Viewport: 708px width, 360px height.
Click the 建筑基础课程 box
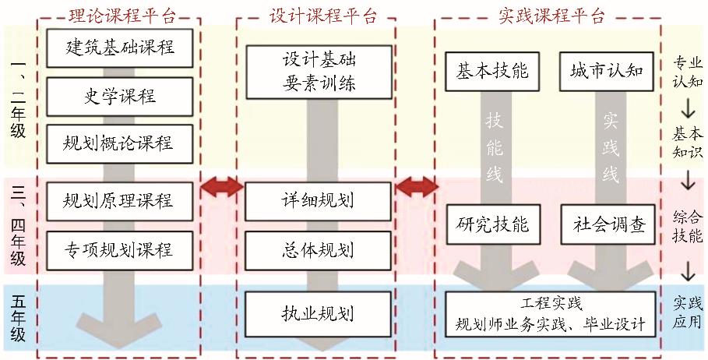coord(119,47)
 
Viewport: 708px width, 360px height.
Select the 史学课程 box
coord(119,96)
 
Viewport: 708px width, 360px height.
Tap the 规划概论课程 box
coord(119,143)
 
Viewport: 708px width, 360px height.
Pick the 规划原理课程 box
coord(119,201)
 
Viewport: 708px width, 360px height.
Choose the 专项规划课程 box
coord(119,250)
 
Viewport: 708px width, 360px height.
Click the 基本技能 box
coord(491,72)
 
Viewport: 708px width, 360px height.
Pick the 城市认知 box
coord(608,72)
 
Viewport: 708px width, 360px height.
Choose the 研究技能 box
coord(491,224)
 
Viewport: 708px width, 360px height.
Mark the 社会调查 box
coord(608,224)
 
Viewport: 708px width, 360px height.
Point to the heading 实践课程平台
coord(550,15)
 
